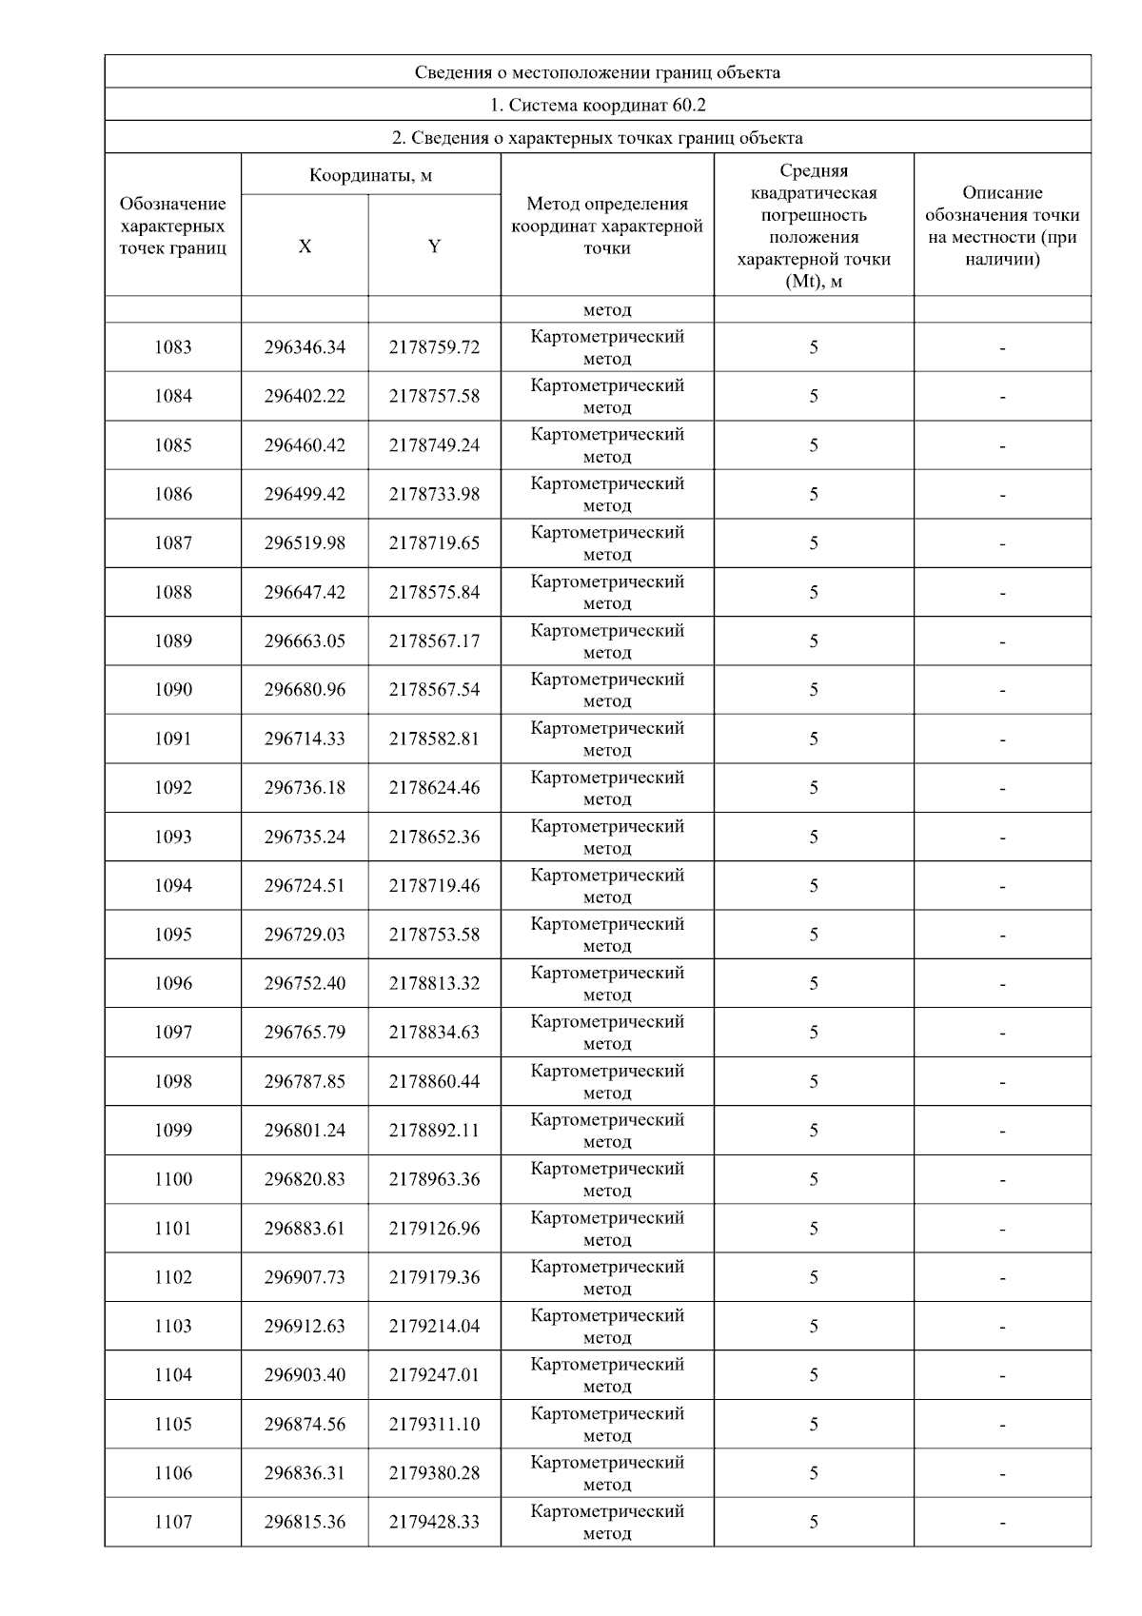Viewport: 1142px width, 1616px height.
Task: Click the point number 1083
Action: pyautogui.click(x=172, y=347)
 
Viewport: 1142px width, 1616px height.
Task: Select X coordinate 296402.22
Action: pyautogui.click(x=305, y=396)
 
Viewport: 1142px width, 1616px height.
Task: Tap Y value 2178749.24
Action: pyautogui.click(x=434, y=445)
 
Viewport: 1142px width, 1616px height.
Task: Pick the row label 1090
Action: pyautogui.click(x=172, y=690)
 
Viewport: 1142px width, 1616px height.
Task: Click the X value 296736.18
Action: pyautogui.click(x=305, y=788)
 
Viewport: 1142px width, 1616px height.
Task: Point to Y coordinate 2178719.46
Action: pyautogui.click(x=434, y=886)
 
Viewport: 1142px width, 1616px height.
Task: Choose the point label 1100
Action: pyautogui.click(x=172, y=1179)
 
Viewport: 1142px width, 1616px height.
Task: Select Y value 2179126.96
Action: pyautogui.click(x=434, y=1229)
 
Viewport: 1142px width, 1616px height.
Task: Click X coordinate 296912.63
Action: pyautogui.click(x=305, y=1326)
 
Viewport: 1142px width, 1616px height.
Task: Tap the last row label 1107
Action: pyautogui.click(x=172, y=1522)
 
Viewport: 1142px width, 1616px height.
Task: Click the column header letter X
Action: pyautogui.click(x=305, y=246)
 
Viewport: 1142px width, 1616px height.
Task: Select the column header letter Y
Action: pyautogui.click(x=434, y=246)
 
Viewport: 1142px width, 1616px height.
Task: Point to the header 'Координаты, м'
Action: pyautogui.click(x=370, y=175)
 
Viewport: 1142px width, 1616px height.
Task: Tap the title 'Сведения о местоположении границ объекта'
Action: pyautogui.click(x=597, y=72)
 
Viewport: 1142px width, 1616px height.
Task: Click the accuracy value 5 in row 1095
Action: pyautogui.click(x=814, y=935)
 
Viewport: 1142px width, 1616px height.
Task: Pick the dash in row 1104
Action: pyautogui.click(x=1002, y=1375)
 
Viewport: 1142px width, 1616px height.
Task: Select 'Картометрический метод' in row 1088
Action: pyautogui.click(x=607, y=592)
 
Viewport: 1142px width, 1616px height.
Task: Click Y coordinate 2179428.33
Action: pyautogui.click(x=434, y=1522)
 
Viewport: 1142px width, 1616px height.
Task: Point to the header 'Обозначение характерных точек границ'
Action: pyautogui.click(x=172, y=226)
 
